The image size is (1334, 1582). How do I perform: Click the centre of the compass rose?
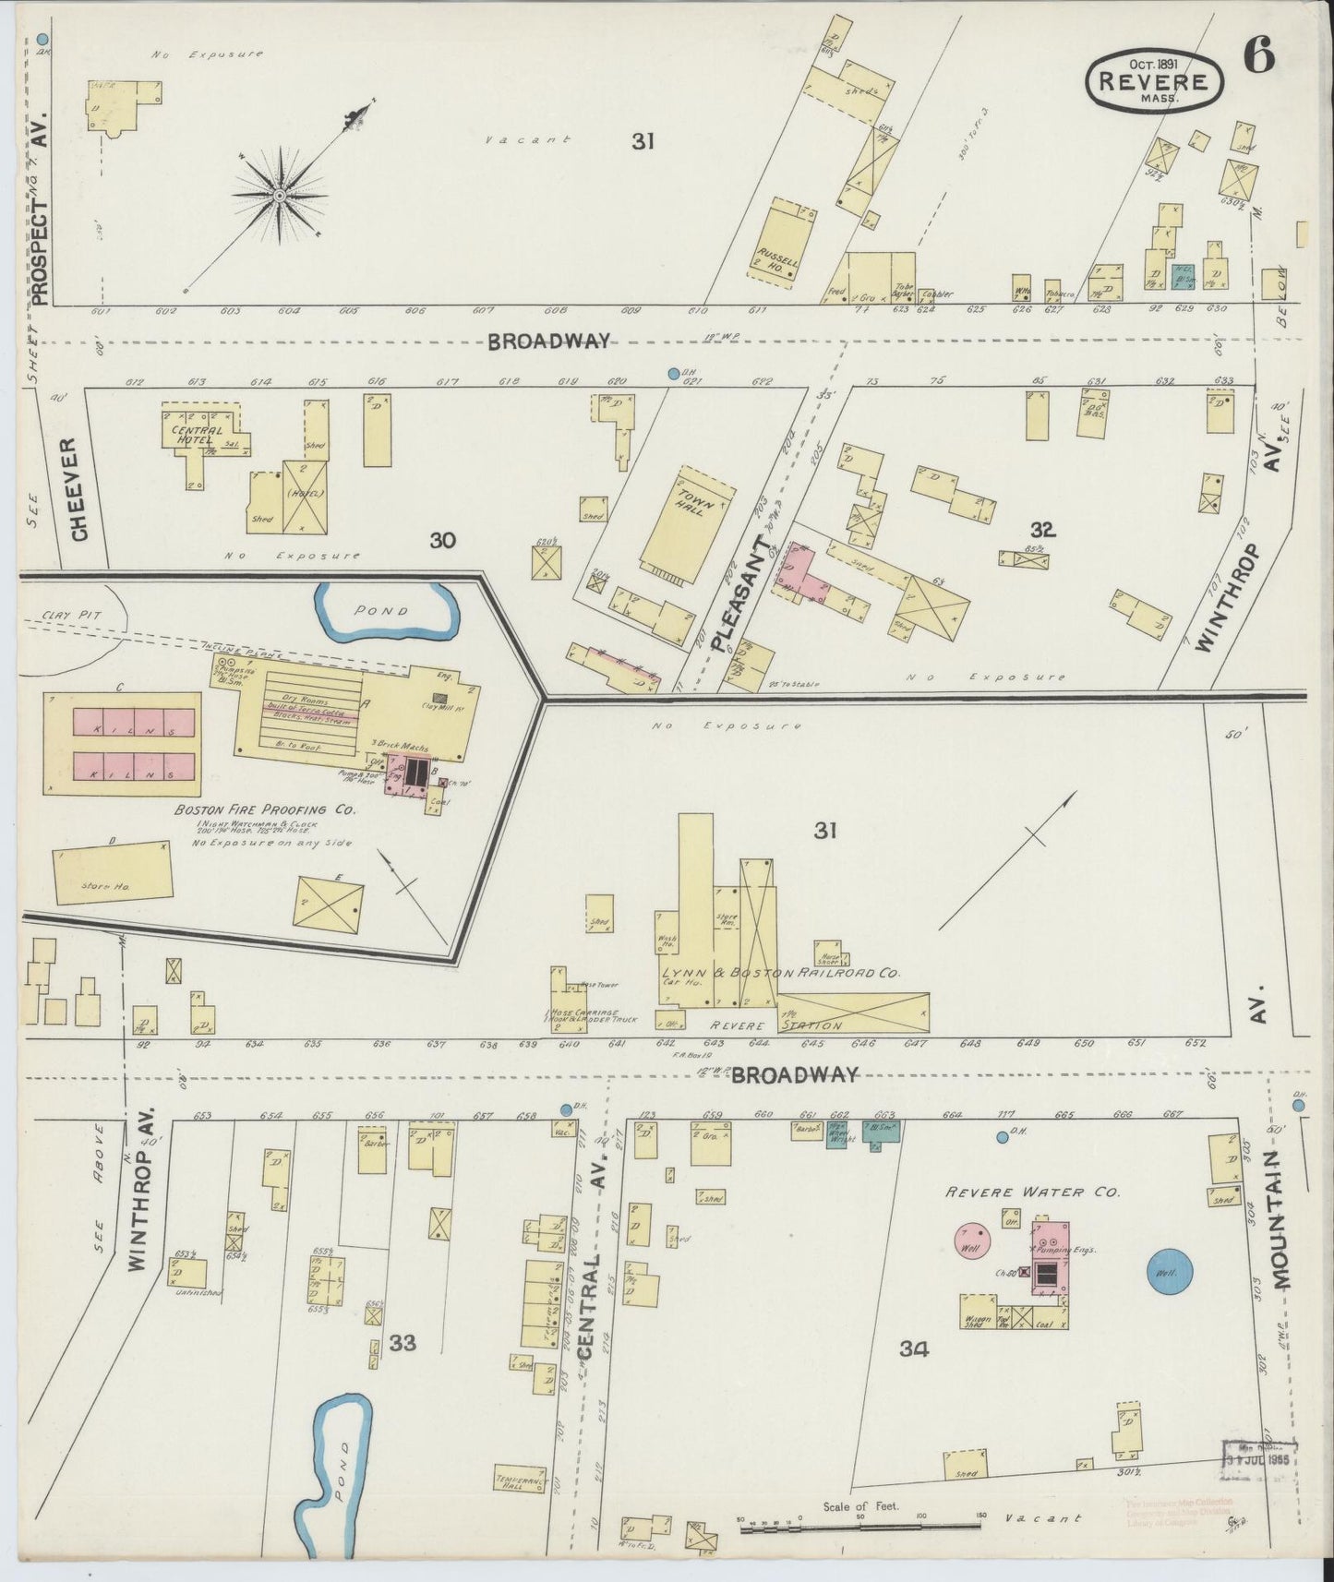279,195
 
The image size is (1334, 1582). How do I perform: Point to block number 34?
913,1349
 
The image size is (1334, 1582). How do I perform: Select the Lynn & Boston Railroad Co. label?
780,974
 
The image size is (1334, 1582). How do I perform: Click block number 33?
403,1342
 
